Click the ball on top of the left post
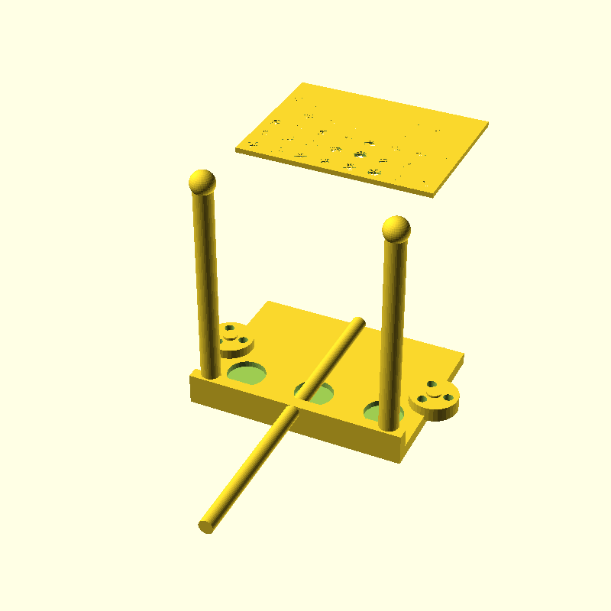click(x=201, y=182)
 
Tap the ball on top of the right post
click(x=396, y=228)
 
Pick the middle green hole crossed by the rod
click(x=316, y=393)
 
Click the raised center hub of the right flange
click(x=436, y=395)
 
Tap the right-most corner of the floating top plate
click(x=487, y=123)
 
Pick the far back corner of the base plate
click(x=267, y=302)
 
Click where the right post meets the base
click(x=390, y=423)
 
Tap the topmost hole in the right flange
click(x=432, y=384)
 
